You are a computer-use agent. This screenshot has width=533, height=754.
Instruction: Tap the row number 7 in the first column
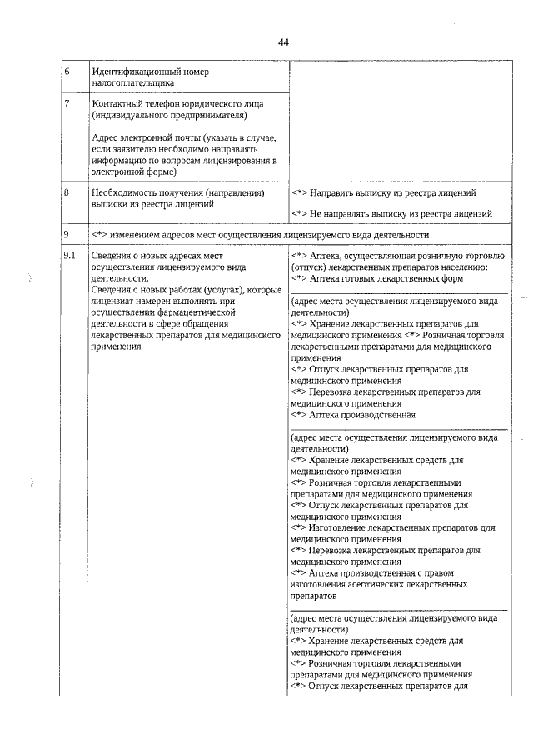[x=67, y=103]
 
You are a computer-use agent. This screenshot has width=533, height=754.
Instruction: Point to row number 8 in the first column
[x=67, y=193]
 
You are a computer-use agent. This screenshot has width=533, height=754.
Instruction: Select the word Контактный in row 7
[x=119, y=103]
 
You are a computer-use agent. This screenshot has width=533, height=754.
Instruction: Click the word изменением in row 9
[x=147, y=236]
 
